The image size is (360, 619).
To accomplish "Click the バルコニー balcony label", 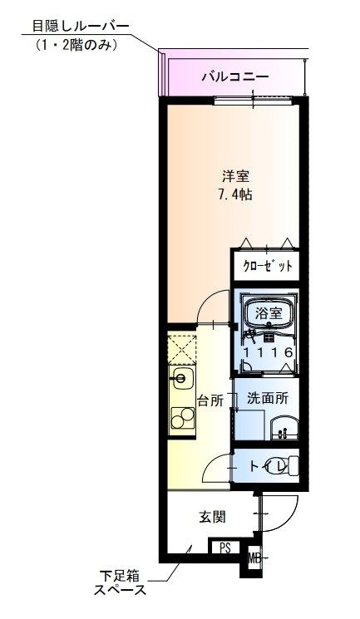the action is tap(235, 76).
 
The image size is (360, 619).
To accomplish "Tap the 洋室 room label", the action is tap(235, 175).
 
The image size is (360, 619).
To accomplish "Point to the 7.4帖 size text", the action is tap(235, 194).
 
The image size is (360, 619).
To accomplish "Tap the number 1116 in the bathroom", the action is tap(269, 352).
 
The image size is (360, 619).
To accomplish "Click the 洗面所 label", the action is tap(268, 398).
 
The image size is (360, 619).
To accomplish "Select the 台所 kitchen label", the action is tap(210, 400).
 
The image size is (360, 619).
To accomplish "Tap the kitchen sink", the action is tap(181, 379).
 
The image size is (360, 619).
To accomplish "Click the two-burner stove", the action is tap(183, 418).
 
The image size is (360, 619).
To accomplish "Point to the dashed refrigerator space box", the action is tap(182, 350).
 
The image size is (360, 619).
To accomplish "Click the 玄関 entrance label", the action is tap(212, 516).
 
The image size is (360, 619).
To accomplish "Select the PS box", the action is tap(224, 548).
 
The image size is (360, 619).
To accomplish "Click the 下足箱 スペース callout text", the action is tap(120, 583).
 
